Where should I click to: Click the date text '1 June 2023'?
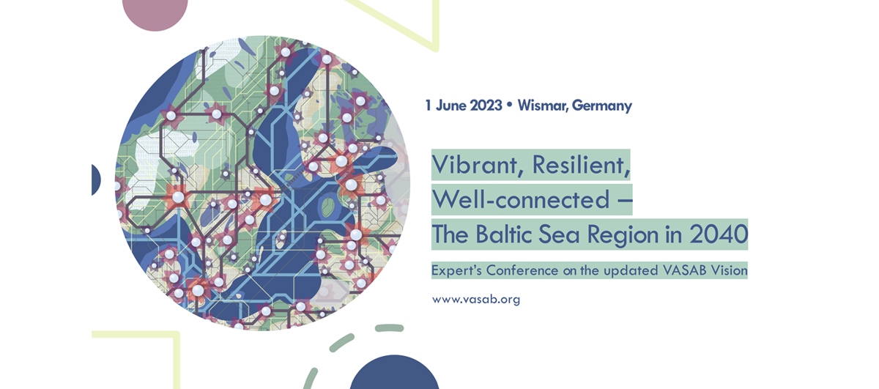click(x=464, y=105)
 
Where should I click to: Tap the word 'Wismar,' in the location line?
click(x=543, y=105)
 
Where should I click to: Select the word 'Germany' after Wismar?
click(x=601, y=105)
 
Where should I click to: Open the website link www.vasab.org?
click(x=476, y=300)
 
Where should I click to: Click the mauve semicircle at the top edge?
click(x=155, y=11)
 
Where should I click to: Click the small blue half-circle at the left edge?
click(x=95, y=179)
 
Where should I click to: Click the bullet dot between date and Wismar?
click(x=509, y=105)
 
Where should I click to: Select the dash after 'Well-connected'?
click(x=623, y=199)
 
